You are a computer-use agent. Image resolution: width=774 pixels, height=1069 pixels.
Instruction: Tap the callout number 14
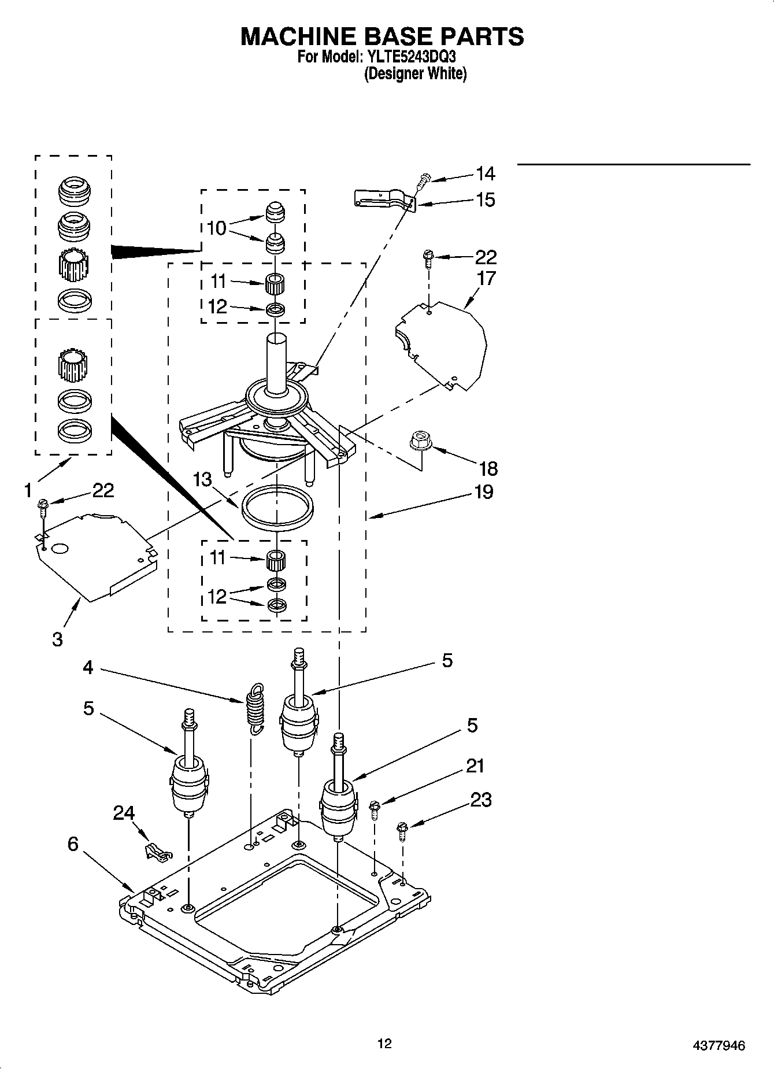(x=485, y=173)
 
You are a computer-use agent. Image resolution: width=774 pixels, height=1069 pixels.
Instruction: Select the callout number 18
(x=488, y=468)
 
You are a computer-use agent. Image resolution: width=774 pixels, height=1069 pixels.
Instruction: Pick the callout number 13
(x=202, y=479)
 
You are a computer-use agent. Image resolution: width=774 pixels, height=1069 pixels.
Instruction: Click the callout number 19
(x=483, y=492)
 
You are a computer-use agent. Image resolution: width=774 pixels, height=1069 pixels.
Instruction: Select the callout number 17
(x=486, y=278)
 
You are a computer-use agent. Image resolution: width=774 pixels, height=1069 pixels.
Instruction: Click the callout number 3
(x=57, y=639)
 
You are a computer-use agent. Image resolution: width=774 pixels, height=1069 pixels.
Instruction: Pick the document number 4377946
(x=719, y=1045)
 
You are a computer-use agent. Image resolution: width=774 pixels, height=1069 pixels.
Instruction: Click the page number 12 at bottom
(x=384, y=1043)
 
